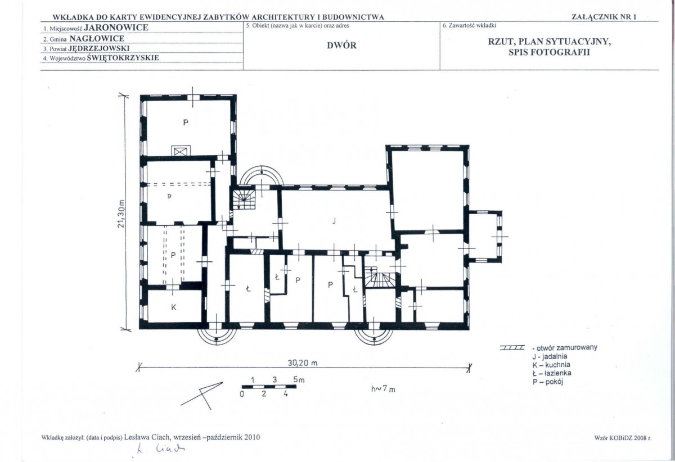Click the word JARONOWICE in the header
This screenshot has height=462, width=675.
pyautogui.click(x=116, y=28)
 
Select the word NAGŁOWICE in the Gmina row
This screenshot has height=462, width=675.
pyautogui.click(x=97, y=39)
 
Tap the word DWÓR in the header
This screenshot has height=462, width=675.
pyautogui.click(x=342, y=46)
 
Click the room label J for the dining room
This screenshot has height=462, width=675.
pyautogui.click(x=334, y=221)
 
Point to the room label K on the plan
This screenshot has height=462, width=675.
pyautogui.click(x=174, y=307)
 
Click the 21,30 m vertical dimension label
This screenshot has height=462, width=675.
pyautogui.click(x=121, y=214)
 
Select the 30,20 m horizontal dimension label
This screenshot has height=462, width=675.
pyautogui.click(x=303, y=363)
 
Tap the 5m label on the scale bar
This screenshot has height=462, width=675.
pyautogui.click(x=299, y=380)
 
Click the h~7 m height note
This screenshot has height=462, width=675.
pyautogui.click(x=383, y=389)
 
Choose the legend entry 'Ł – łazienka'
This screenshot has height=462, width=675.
pyautogui.click(x=552, y=373)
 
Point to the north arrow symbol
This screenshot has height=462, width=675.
pyautogui.click(x=201, y=395)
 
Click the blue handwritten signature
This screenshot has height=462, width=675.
pyautogui.click(x=161, y=449)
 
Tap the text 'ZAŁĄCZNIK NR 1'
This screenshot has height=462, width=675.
pyautogui.click(x=604, y=17)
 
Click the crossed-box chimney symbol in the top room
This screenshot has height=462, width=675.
pyautogui.click(x=181, y=152)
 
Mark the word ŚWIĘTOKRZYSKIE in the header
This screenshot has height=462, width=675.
pyautogui.click(x=123, y=58)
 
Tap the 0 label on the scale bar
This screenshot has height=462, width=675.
pyautogui.click(x=242, y=393)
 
